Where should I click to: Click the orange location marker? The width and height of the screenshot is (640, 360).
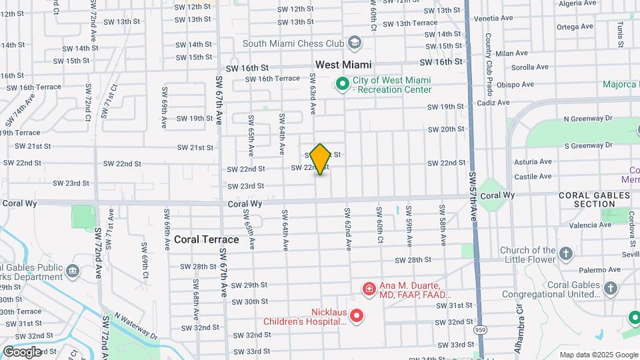click(x=321, y=159)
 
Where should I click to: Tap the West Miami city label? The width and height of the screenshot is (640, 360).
click(x=343, y=65)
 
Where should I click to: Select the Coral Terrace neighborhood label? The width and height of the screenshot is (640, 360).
click(x=206, y=239)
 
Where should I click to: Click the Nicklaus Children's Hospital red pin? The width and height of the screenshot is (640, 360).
click(x=357, y=315)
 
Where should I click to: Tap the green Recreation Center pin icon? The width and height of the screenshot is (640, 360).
click(x=343, y=84)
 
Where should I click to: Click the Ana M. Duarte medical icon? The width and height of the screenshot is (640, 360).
click(x=368, y=289)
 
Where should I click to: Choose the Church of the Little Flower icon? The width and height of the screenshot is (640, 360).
click(x=565, y=254)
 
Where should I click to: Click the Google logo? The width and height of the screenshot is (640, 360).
click(x=23, y=351)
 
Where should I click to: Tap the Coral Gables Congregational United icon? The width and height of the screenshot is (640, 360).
click(x=611, y=289)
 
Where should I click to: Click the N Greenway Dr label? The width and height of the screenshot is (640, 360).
click(x=587, y=118)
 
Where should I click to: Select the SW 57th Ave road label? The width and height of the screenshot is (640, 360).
click(x=473, y=197)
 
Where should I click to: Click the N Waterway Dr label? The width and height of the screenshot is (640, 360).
click(x=136, y=326)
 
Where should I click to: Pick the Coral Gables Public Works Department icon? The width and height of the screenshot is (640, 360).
click(x=73, y=271)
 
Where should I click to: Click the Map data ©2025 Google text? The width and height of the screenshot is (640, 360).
click(x=598, y=355)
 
